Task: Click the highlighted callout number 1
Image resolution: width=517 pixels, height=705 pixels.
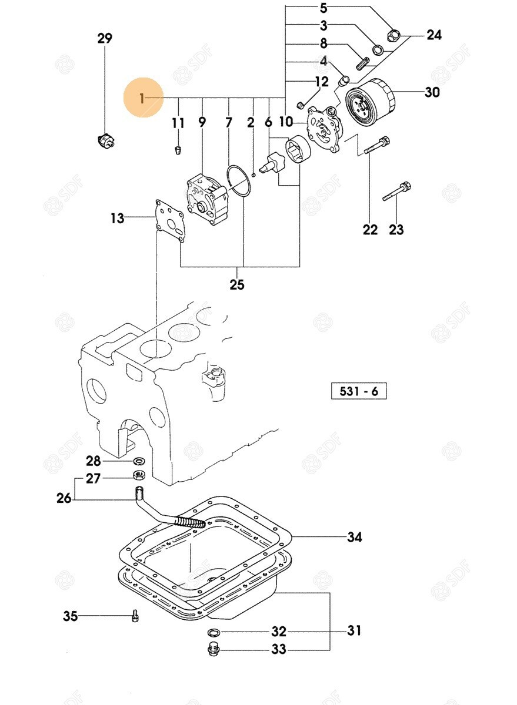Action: tap(142, 98)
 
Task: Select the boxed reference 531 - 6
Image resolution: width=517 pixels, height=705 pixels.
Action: tap(359, 391)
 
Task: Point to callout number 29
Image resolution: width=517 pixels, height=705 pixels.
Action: tap(104, 39)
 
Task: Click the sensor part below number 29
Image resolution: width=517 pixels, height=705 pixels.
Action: tap(105, 140)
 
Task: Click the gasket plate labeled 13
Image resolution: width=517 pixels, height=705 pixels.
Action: tap(168, 220)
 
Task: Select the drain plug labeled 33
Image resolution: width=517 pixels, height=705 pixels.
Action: tap(213, 649)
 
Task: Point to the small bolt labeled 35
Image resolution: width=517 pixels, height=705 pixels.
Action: tap(135, 616)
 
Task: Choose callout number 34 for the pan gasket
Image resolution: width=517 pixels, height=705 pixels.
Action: tap(354, 537)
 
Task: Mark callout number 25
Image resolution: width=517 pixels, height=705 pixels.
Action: tap(237, 285)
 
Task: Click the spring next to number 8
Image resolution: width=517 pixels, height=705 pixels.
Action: tap(363, 60)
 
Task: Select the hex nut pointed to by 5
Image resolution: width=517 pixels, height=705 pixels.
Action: tap(393, 36)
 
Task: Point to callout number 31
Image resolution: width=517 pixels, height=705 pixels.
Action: tap(354, 631)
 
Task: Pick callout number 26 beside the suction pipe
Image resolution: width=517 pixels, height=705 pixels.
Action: tap(64, 498)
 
